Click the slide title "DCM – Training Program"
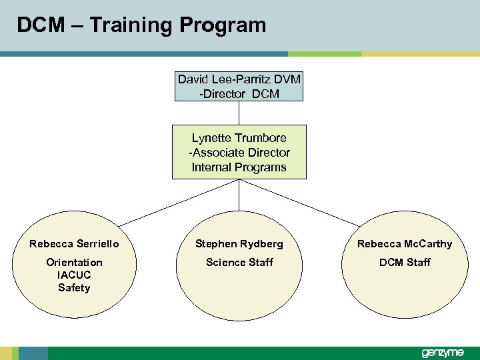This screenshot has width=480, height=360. pyautogui.click(x=141, y=25)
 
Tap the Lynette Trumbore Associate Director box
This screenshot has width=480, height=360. pyautogui.click(x=239, y=152)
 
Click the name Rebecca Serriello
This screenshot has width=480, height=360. pyautogui.click(x=74, y=244)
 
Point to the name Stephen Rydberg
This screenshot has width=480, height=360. pyautogui.click(x=239, y=244)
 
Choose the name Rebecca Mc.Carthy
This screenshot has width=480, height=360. pyautogui.click(x=405, y=244)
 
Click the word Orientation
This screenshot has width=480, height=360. pyautogui.click(x=74, y=262)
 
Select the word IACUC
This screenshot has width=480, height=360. pyautogui.click(x=74, y=275)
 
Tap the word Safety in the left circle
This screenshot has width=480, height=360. pyautogui.click(x=74, y=288)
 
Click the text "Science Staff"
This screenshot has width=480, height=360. pyautogui.click(x=239, y=262)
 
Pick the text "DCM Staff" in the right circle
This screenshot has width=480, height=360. pyautogui.click(x=405, y=262)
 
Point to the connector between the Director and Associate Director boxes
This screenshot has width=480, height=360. pyautogui.click(x=239, y=113)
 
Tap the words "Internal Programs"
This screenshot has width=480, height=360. pyautogui.click(x=239, y=167)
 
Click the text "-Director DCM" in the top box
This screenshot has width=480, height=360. pyautogui.click(x=239, y=94)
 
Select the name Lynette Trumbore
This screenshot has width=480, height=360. pyautogui.click(x=239, y=138)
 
